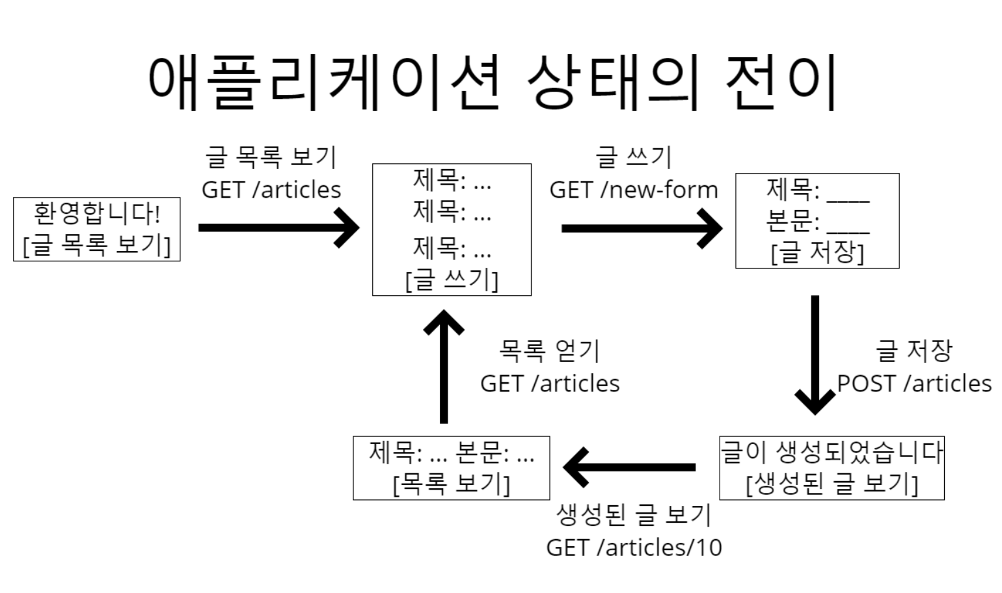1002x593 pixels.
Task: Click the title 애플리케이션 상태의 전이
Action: (x=493, y=83)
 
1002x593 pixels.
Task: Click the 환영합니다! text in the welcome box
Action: (x=96, y=214)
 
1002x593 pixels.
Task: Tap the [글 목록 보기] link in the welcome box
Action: (x=96, y=245)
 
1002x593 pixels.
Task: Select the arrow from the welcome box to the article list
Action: (x=278, y=228)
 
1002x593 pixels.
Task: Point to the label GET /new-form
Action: (x=633, y=190)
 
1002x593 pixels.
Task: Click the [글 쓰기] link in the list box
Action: (x=452, y=280)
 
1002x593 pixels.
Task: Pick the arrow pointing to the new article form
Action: (x=642, y=228)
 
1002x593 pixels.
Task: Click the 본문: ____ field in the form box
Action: (x=817, y=222)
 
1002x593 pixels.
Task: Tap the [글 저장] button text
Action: (x=817, y=252)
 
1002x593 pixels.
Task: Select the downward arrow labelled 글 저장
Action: (x=815, y=354)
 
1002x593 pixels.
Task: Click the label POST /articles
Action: (x=914, y=384)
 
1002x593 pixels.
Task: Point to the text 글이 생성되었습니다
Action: (x=832, y=453)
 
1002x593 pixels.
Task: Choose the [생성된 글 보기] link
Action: (x=832, y=484)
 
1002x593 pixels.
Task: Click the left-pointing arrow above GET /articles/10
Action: (x=629, y=467)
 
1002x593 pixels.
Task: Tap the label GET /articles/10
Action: (x=634, y=547)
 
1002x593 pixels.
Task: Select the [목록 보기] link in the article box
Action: (x=452, y=484)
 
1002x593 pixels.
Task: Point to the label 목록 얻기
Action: (x=549, y=351)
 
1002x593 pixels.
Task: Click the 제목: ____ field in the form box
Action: (x=817, y=191)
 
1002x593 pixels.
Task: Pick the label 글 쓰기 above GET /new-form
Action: (x=633, y=157)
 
